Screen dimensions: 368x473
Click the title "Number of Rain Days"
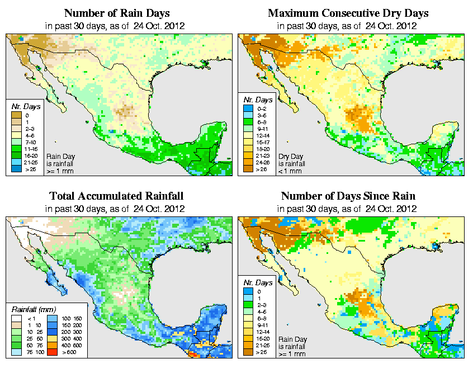click(x=116, y=13)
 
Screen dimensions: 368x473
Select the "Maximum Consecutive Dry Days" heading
click(x=348, y=13)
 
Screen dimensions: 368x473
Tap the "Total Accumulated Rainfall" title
click(x=116, y=196)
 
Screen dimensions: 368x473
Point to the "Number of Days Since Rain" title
click(x=348, y=196)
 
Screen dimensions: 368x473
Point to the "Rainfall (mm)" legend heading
click(x=35, y=309)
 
